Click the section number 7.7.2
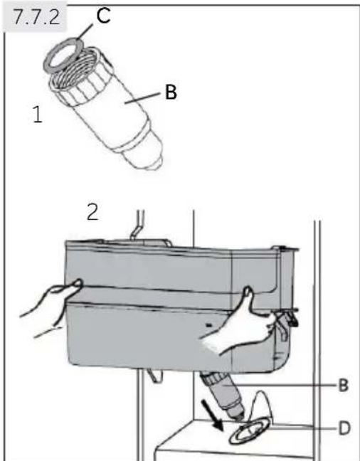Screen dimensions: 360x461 pos(36,17)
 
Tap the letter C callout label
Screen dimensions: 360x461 pos(103,16)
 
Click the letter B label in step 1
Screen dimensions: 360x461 pos(171,92)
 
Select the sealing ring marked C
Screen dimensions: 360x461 pos(63,56)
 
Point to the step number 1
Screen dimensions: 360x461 pos(37,114)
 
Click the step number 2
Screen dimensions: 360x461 pos(92,212)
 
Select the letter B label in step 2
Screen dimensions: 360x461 pos(344,385)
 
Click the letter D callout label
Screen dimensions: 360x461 pos(344,428)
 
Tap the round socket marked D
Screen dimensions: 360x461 pos(250,431)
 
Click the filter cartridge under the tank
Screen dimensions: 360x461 pos(223,394)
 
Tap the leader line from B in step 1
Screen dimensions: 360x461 pos(143,98)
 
